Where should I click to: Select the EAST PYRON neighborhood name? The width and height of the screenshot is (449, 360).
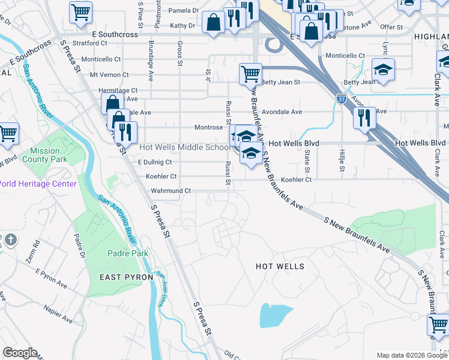click(121, 277)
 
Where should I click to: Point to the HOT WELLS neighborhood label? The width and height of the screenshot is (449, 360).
click(280, 266)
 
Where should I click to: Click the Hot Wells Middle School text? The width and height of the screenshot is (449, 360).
click(184, 147)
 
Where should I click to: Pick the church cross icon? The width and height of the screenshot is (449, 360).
click(10, 240)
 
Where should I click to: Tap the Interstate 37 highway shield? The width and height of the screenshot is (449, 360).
click(341, 97)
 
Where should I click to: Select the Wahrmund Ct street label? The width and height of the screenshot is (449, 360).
click(170, 191)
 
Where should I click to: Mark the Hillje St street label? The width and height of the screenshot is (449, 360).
click(342, 160)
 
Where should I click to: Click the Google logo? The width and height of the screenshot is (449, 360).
click(20, 353)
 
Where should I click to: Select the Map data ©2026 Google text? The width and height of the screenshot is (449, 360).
click(411, 355)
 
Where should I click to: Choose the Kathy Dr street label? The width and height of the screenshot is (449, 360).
click(182, 26)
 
